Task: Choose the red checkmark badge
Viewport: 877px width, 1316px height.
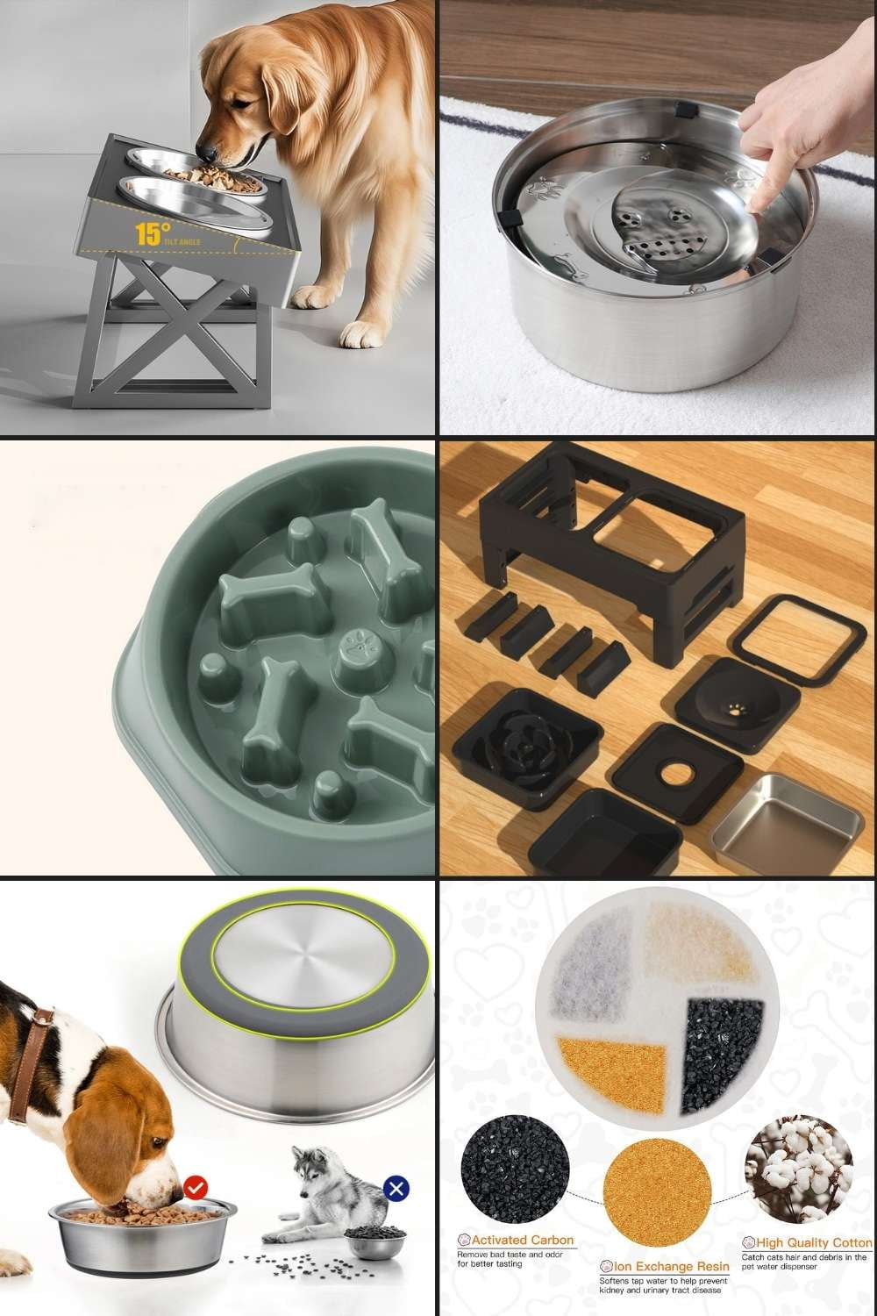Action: tap(197, 1188)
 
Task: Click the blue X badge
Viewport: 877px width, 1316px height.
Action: tap(396, 1190)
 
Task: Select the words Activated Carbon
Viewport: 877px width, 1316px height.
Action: tap(523, 1240)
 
